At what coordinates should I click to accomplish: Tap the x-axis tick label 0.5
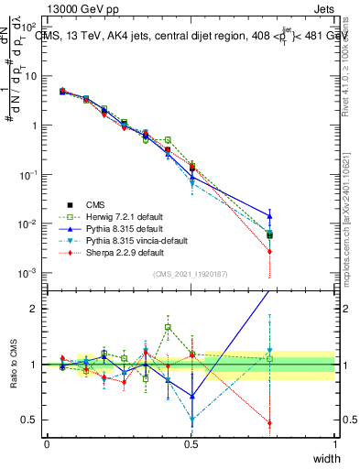pyautogui.click(x=191, y=443)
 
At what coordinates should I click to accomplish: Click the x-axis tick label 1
pyautogui.click(x=334, y=443)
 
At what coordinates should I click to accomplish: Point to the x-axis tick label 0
pyautogui.click(x=48, y=443)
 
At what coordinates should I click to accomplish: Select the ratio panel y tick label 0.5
pyautogui.click(x=29, y=420)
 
